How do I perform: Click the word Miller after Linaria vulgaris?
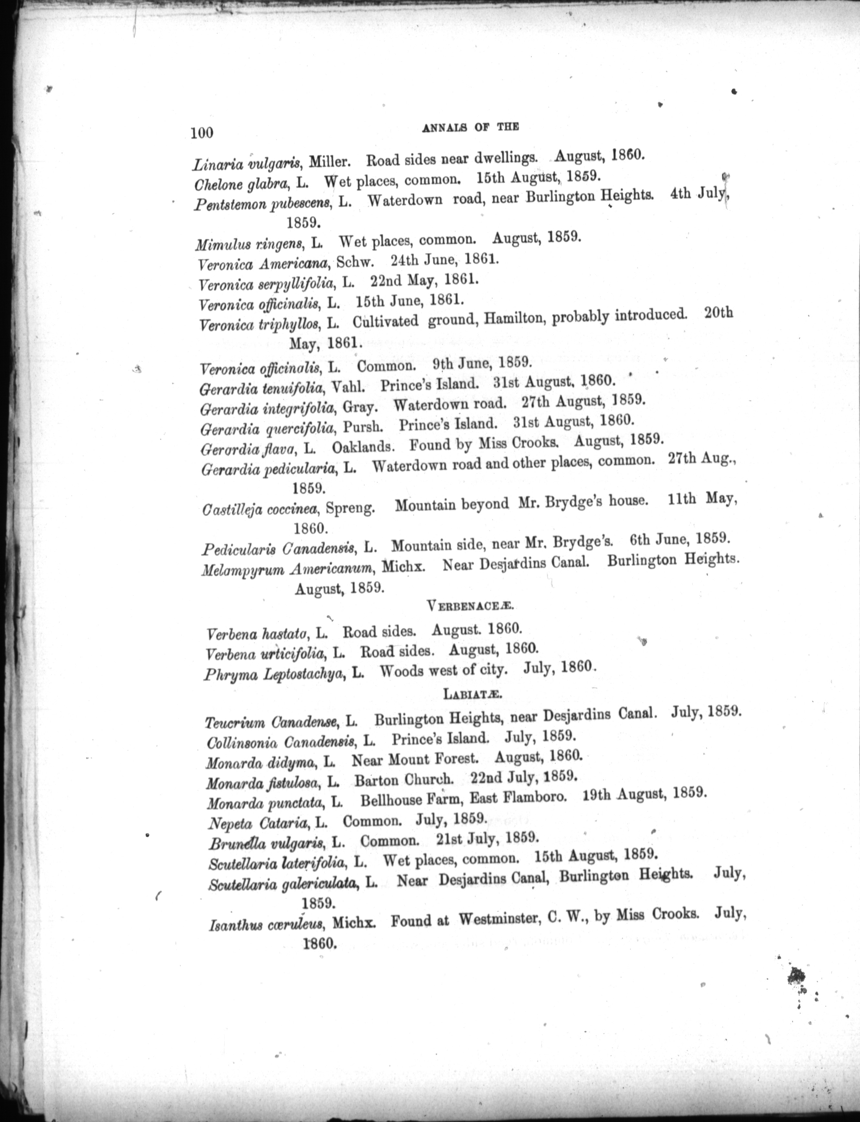tap(330, 161)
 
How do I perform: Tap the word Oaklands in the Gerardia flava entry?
tap(363, 447)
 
